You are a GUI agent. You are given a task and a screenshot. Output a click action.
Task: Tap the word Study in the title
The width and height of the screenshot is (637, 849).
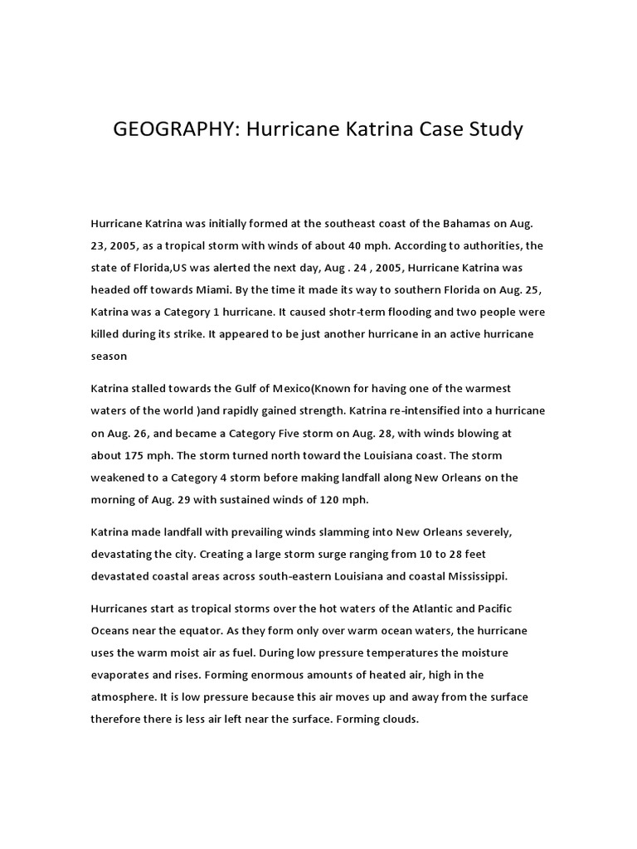(494, 130)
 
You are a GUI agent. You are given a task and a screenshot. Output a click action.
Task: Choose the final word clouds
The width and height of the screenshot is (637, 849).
(396, 719)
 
